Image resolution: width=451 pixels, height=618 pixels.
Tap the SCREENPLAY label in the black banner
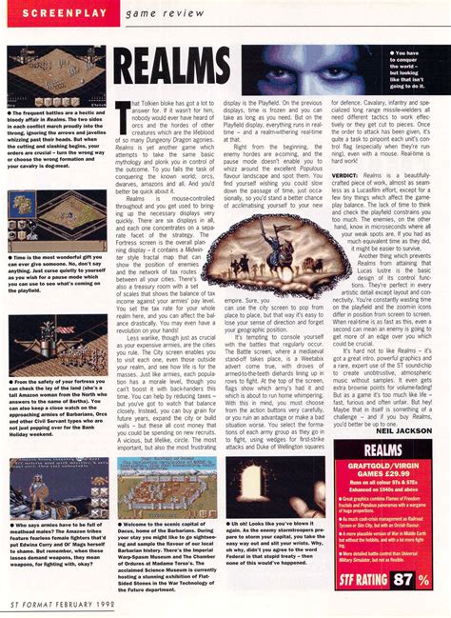point(48,10)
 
